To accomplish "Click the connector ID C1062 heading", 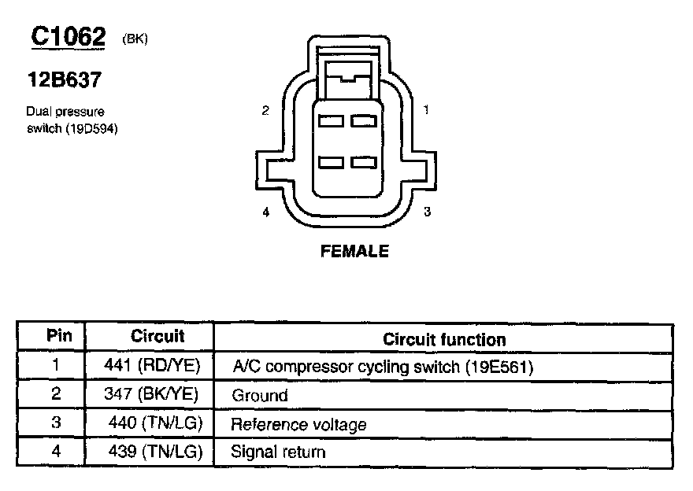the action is point(68,36).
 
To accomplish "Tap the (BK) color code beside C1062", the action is point(135,40).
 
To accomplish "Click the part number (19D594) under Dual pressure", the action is point(88,127).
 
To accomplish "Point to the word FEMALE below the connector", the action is point(354,252).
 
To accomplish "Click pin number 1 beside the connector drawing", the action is point(426,110).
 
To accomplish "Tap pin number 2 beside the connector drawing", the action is point(265,110).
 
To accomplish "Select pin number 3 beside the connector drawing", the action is point(426,212).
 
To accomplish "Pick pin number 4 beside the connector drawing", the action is point(265,212).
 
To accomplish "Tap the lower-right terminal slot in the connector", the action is point(363,161).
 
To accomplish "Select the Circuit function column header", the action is point(444,339).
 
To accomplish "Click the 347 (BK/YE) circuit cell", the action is point(151,394).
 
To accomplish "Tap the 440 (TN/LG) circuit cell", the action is point(156,423).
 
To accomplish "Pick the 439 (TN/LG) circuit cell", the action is point(156,452).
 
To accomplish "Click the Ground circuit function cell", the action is point(260,396).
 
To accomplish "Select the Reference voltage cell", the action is point(298,425).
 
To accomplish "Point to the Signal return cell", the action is point(278,452).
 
